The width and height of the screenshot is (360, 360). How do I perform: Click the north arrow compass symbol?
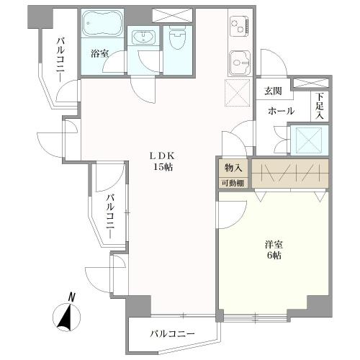[x=67, y=314]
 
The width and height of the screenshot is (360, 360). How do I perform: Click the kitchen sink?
[x=238, y=63]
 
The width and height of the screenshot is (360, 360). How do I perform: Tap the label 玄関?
[x=273, y=91]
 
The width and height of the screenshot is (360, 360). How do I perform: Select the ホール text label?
[x=280, y=112]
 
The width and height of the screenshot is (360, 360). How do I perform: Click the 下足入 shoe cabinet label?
[x=320, y=107]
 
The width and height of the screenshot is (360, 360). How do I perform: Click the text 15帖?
[x=162, y=168]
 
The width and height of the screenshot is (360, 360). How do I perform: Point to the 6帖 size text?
[x=274, y=257]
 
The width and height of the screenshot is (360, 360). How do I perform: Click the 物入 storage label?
[x=233, y=167]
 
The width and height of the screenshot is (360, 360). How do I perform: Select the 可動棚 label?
[x=233, y=183]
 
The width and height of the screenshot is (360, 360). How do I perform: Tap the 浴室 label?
[x=99, y=53]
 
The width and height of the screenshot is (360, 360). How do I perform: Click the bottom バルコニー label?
[x=173, y=335]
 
